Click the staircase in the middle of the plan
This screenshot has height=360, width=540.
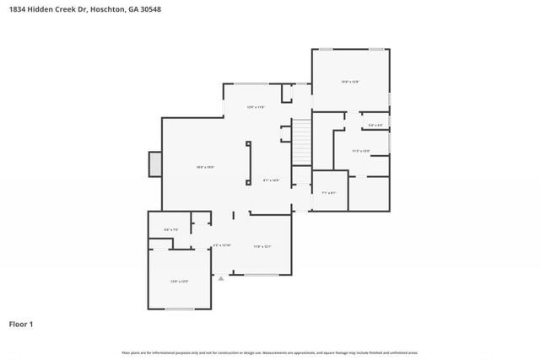(x=302, y=142)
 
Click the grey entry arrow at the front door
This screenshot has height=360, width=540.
(x=221, y=277)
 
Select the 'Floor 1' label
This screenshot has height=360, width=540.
(x=20, y=324)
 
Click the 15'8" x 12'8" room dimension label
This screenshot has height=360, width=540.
(x=350, y=82)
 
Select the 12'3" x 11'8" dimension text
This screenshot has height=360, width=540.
(x=256, y=107)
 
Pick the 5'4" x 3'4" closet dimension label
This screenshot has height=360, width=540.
(x=375, y=126)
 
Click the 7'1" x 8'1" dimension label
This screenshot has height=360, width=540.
(x=329, y=193)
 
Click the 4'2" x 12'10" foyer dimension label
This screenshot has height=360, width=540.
(x=221, y=245)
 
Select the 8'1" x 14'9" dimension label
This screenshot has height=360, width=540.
(x=271, y=180)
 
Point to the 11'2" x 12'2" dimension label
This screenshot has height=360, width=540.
(x=361, y=151)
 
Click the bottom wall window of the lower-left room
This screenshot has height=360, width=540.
(x=179, y=309)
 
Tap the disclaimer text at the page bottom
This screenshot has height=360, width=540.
(x=270, y=352)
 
